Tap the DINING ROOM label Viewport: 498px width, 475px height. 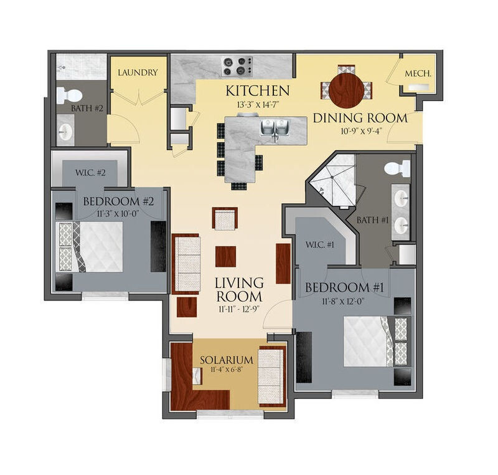[360, 118]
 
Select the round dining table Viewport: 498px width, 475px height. [347, 90]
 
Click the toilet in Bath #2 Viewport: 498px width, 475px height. [69, 95]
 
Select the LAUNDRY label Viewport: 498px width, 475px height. [138, 73]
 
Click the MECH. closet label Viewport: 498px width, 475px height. [418, 74]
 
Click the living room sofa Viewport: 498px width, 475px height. [187, 264]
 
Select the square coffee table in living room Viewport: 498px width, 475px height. [225, 256]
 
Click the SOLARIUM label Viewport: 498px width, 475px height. [226, 360]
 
